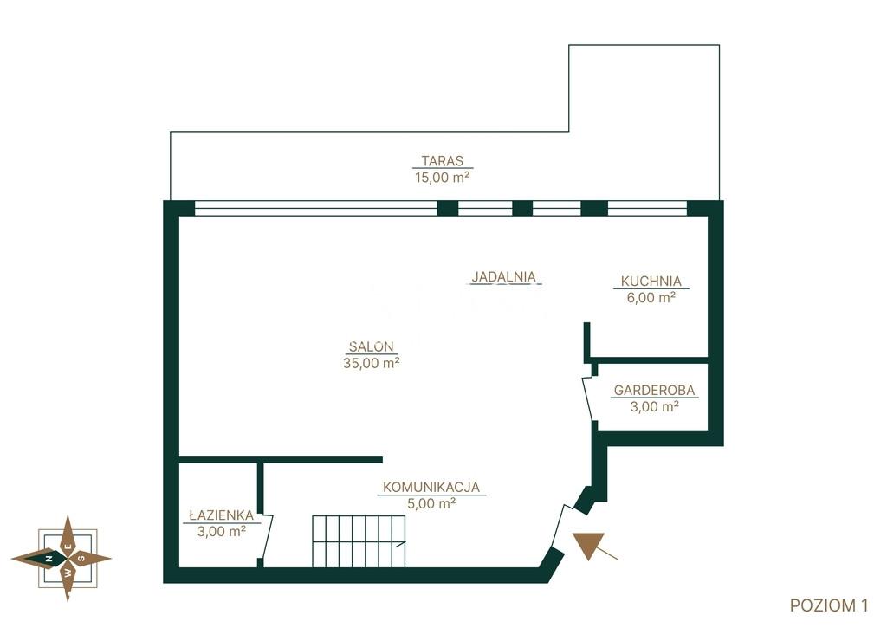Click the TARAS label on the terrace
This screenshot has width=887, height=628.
(443, 160)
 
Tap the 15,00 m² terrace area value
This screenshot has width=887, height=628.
(443, 177)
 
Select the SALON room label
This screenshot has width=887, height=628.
(371, 346)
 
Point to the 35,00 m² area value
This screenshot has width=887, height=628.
(371, 363)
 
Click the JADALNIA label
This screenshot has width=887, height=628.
(503, 276)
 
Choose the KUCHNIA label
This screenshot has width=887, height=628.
(651, 281)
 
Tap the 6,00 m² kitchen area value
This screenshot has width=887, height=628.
(651, 297)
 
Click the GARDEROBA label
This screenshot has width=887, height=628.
(655, 390)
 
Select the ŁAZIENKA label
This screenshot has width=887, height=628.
(221, 515)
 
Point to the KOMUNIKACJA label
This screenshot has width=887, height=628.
(431, 487)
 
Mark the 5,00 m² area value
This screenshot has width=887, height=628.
(431, 503)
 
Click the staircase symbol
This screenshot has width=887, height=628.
(359, 541)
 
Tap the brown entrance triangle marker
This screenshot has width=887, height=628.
(589, 544)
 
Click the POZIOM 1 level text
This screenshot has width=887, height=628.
(829, 605)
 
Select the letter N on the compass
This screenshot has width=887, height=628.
(49, 559)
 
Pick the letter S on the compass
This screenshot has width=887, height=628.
(81, 559)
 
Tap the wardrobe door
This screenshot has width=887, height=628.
(588, 398)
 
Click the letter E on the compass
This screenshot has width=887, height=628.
(68, 547)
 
